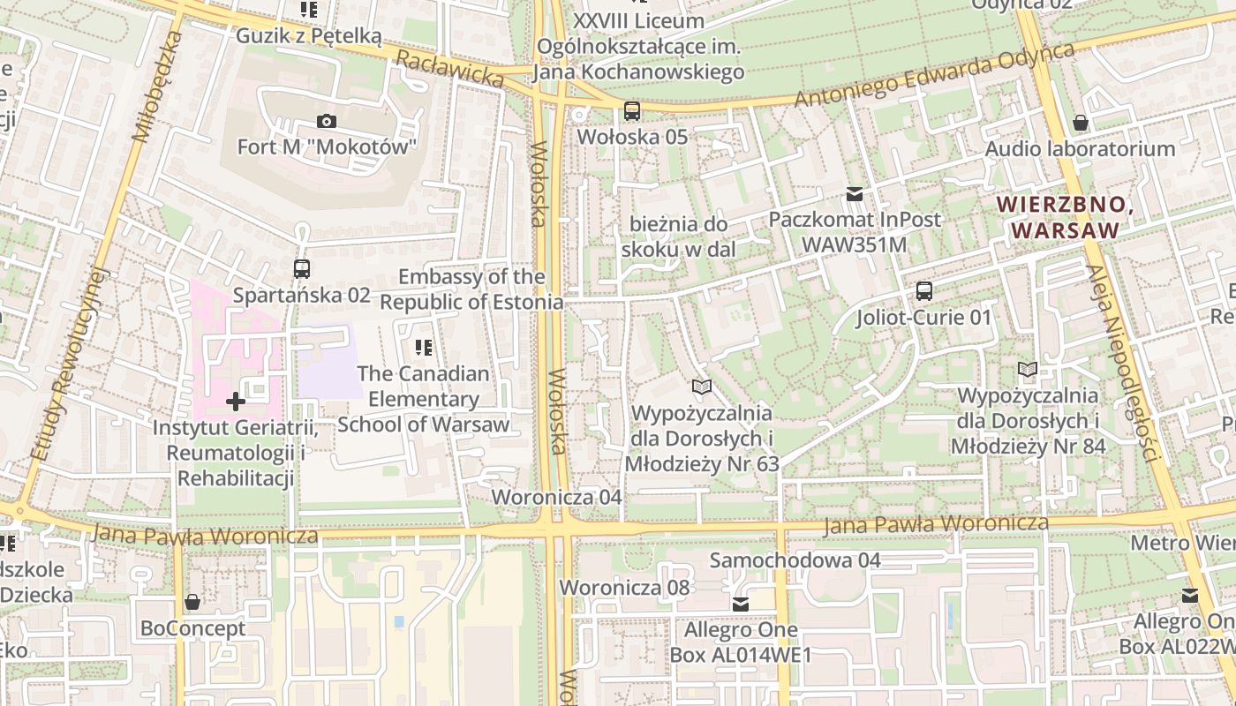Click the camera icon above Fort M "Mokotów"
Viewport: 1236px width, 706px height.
tap(327, 122)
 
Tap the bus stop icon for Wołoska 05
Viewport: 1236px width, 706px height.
tap(632, 111)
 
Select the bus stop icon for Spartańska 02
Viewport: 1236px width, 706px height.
tap(302, 268)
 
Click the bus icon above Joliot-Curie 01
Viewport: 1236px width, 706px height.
tap(924, 290)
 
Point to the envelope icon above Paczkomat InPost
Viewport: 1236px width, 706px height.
tap(855, 193)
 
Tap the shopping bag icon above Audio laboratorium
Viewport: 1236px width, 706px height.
tap(1080, 123)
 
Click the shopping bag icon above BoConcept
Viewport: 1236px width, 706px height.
tap(192, 603)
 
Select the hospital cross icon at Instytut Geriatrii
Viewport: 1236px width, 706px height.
tap(236, 402)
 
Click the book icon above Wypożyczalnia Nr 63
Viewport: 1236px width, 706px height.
tap(702, 387)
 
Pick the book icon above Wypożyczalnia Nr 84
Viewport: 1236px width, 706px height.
tap(1028, 369)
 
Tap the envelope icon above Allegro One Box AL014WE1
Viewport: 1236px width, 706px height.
tap(741, 605)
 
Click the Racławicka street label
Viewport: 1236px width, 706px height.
tap(449, 68)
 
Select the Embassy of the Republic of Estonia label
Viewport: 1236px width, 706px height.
tap(471, 289)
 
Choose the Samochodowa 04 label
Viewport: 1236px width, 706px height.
tap(795, 560)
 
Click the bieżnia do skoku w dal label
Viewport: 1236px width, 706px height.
tap(679, 237)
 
